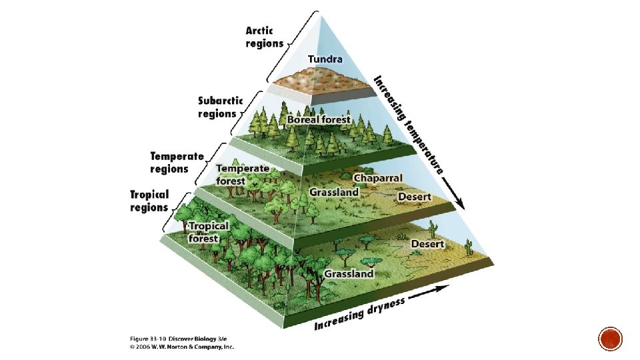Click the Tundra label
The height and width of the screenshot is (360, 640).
pyautogui.click(x=326, y=59)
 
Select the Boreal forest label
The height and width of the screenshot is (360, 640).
pyautogui.click(x=319, y=119)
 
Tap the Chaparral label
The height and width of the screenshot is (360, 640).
pyautogui.click(x=378, y=178)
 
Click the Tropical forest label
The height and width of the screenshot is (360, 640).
pyautogui.click(x=208, y=232)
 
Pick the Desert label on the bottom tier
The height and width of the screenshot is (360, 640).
pyautogui.click(x=427, y=244)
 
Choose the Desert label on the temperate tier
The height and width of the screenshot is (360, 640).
pyautogui.click(x=415, y=197)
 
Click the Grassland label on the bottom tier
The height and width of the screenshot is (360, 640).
pyautogui.click(x=349, y=274)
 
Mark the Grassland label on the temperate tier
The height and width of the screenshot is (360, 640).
pyautogui.click(x=334, y=192)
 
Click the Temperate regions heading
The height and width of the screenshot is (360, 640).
pyautogui.click(x=177, y=162)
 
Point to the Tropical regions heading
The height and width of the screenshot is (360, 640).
pyautogui.click(x=149, y=201)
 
